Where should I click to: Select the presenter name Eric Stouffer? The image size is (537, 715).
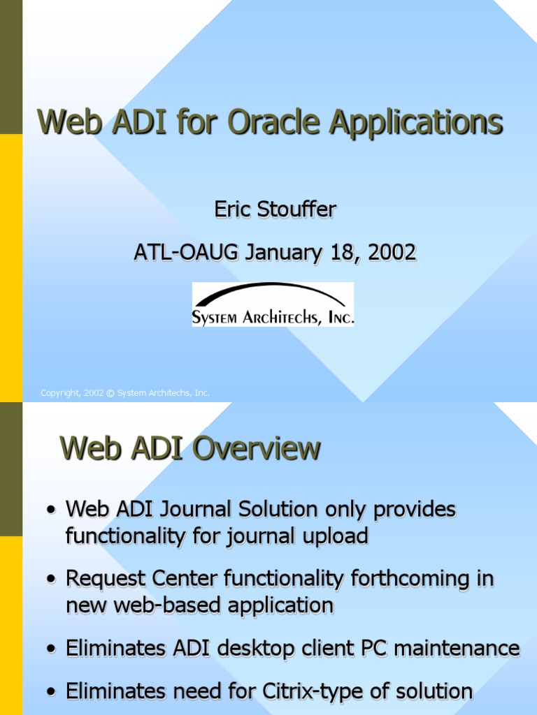pos(274,209)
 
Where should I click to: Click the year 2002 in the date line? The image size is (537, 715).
pos(393,252)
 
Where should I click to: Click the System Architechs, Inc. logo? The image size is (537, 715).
pos(273,305)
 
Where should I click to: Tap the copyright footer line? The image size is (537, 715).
pos(125,393)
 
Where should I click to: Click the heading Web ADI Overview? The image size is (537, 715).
pos(190,448)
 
